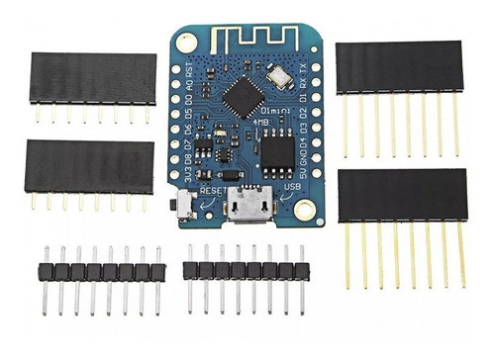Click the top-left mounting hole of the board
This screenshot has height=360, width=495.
[187, 44]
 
